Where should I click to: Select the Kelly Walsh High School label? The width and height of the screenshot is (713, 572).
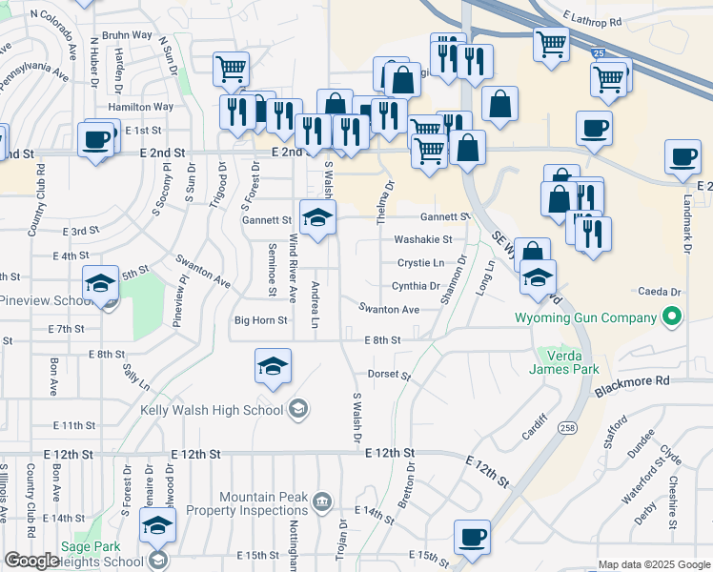point(212,410)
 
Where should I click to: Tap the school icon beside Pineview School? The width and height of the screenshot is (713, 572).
point(100,284)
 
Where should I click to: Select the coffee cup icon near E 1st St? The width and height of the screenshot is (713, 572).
point(96,141)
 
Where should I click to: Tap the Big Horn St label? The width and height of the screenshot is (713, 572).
point(261,321)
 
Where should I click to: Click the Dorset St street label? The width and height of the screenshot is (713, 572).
point(388,376)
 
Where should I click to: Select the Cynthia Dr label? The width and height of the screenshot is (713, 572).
point(416,286)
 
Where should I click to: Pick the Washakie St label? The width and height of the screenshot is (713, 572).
point(422,239)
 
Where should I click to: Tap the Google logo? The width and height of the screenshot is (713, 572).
point(31,561)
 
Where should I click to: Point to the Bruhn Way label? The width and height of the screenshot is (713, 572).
point(131,35)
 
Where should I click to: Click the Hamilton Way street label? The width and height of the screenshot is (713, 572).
point(141,108)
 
